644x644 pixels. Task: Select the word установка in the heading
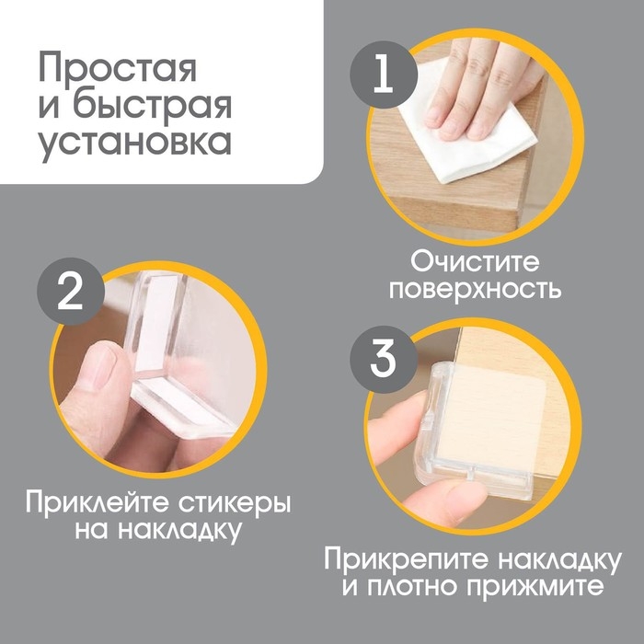tap(135, 144)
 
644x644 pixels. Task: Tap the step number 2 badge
tap(67, 293)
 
